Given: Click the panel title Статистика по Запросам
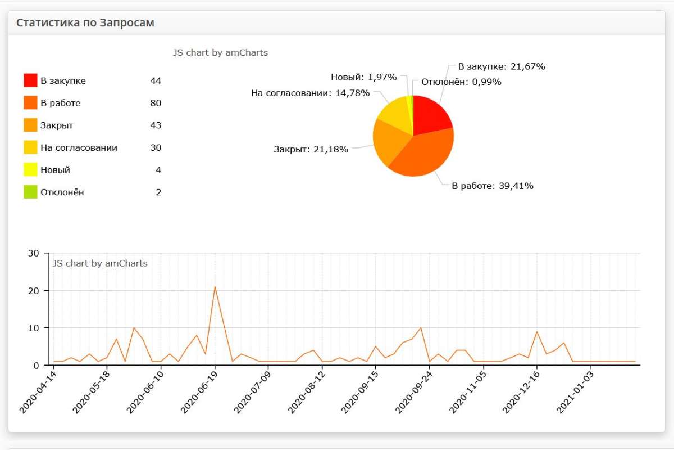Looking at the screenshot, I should (85, 23).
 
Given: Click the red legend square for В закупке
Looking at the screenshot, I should (30, 80).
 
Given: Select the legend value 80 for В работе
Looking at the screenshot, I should (156, 103).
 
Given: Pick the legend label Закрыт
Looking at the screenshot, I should (57, 125).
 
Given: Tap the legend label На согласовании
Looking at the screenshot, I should (79, 147).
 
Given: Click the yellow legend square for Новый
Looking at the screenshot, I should (30, 169).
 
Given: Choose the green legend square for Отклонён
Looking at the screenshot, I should (30, 192).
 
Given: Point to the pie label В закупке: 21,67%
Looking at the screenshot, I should (502, 66).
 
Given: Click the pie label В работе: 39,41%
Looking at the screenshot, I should (493, 186).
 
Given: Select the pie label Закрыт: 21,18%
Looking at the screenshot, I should (311, 149).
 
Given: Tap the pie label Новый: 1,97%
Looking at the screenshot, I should (364, 77).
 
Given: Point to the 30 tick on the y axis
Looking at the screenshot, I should (33, 253).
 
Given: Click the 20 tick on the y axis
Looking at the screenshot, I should (33, 290).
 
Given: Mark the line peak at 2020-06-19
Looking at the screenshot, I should (215, 287).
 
